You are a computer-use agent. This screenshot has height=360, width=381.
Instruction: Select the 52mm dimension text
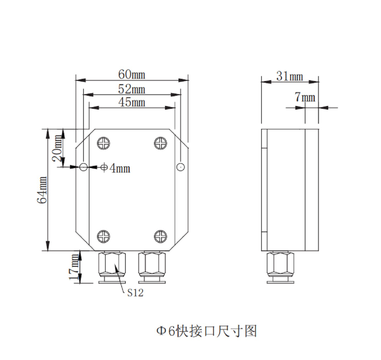pyautogui.click(x=131, y=89)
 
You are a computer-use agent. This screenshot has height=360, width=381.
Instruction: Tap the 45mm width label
pyautogui.click(x=131, y=102)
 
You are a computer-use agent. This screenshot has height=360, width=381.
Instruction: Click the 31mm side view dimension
pyautogui.click(x=289, y=76)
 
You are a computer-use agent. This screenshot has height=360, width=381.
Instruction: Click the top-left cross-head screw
pyautogui.click(x=104, y=143)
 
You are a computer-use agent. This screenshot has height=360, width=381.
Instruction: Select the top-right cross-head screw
pyautogui.click(x=160, y=143)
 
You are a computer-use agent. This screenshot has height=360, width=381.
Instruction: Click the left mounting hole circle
pyautogui.click(x=83, y=166)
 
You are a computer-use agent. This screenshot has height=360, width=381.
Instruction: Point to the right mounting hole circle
pyautogui.click(x=181, y=166)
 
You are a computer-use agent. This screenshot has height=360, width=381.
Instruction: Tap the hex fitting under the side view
pyautogui.click(x=280, y=265)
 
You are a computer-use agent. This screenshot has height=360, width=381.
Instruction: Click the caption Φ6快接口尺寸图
pyautogui.click(x=206, y=330)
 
